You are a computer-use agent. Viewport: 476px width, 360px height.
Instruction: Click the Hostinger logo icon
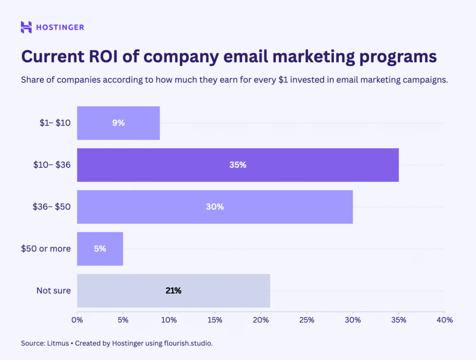26,27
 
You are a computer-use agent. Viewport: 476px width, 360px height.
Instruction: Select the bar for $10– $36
238,165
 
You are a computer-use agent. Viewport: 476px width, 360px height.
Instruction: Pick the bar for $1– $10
118,123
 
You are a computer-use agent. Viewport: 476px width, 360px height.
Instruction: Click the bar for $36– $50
215,207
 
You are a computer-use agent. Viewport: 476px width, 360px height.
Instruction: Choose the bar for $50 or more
100,249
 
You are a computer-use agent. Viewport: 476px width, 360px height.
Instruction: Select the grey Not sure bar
173,291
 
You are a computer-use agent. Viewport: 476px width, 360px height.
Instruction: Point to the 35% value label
238,165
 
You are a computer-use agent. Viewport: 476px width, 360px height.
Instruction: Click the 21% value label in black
173,291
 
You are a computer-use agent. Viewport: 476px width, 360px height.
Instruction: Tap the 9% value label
118,123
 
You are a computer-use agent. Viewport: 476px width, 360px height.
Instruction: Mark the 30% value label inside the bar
215,207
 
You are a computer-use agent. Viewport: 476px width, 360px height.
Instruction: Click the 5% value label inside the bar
100,249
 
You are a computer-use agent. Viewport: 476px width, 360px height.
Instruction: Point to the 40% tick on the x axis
444,320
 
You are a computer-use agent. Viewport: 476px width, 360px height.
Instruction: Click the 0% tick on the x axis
77,320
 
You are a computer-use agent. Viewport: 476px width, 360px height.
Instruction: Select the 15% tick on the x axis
215,320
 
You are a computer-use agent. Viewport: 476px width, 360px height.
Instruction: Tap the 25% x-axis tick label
307,320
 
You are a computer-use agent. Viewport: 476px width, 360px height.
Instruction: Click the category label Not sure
53,291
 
